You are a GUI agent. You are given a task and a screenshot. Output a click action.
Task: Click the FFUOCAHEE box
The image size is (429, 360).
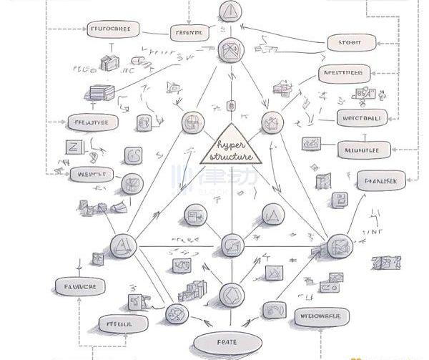click(x=112, y=30)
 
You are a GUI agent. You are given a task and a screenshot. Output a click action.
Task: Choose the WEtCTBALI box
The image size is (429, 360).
click(x=361, y=117)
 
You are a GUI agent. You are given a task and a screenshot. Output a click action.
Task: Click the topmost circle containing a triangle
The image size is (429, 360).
click(x=231, y=11)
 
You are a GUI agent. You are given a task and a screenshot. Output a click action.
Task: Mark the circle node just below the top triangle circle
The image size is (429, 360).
click(x=232, y=50)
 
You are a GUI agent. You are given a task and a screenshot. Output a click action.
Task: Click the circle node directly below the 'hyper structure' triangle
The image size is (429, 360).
click(x=230, y=245)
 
